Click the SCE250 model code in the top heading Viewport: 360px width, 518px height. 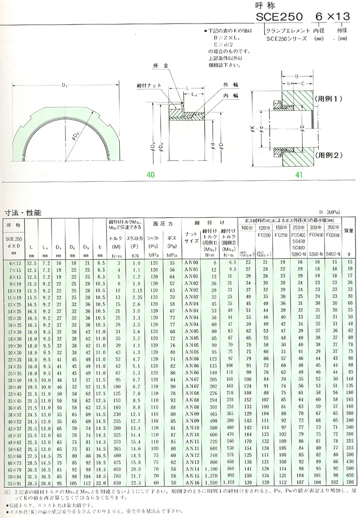[x=279, y=17]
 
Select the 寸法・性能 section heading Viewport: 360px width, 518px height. [x=23, y=212]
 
